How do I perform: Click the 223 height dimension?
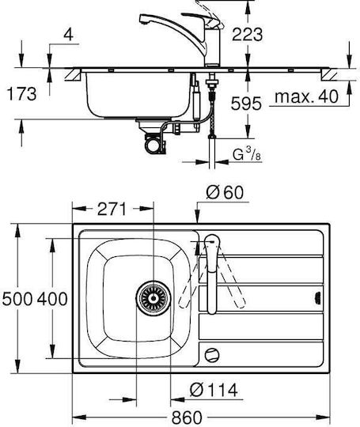click(247, 35)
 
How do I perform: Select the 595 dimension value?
click(246, 104)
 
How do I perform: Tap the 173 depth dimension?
click(21, 93)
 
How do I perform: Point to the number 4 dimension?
click(68, 35)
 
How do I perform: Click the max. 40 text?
click(306, 96)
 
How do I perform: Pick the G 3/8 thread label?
click(247, 154)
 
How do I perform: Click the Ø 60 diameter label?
click(225, 192)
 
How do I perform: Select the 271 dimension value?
click(112, 209)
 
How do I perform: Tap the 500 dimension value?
click(17, 299)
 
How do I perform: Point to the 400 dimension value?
click(52, 299)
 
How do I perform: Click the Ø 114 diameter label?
click(214, 390)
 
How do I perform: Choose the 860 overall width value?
click(187, 418)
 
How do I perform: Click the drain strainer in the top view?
click(153, 298)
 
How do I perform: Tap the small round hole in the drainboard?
click(212, 355)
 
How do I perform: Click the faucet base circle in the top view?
click(212, 242)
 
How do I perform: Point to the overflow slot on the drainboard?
click(318, 296)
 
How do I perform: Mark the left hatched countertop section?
click(73, 75)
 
